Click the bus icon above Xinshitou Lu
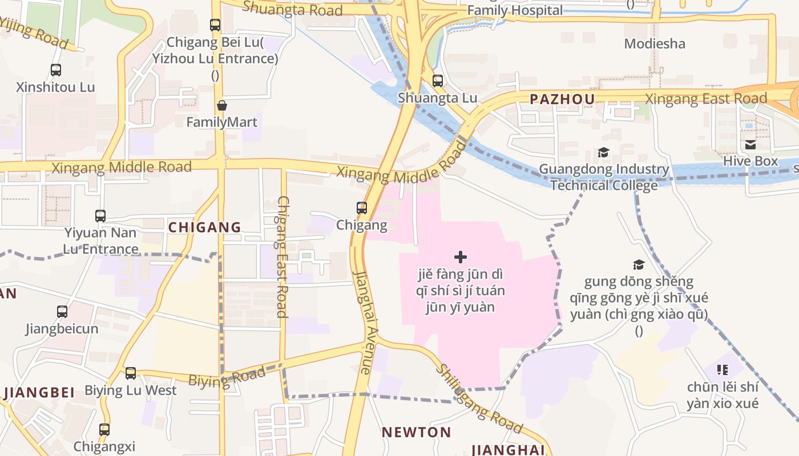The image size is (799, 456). (x=55, y=70)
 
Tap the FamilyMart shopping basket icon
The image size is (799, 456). (x=222, y=106)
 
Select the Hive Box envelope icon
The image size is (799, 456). (x=750, y=145)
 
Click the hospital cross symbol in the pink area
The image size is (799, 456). (x=461, y=257)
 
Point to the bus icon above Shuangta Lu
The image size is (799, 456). (x=438, y=81)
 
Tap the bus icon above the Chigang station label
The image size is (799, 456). (x=362, y=208)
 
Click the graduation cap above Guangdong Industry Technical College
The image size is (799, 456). (x=603, y=153)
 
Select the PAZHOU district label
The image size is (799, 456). (x=562, y=99)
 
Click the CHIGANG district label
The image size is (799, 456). (x=204, y=227)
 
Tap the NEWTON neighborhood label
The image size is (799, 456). (x=417, y=432)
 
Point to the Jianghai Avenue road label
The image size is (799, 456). (x=363, y=322)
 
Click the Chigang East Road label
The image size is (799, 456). (x=283, y=256)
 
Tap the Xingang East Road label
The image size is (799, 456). (x=706, y=99)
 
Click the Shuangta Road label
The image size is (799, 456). (x=292, y=9)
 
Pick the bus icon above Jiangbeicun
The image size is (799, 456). (x=62, y=312)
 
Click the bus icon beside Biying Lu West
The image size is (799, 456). (x=131, y=373)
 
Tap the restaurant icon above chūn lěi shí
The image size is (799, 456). (x=723, y=370)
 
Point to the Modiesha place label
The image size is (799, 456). (x=655, y=43)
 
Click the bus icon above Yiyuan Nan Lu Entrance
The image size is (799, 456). (x=100, y=216)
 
